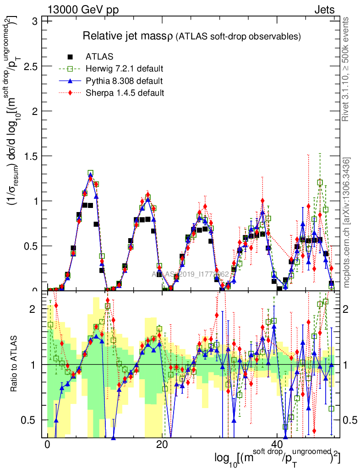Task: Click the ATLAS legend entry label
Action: [99, 57]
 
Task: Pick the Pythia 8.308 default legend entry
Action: [124, 81]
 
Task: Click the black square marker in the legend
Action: [71, 57]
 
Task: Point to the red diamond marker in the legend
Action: [71, 93]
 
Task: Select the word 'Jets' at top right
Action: [324, 10]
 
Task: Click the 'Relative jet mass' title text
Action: [126, 36]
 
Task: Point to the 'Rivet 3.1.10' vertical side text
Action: [346, 69]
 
